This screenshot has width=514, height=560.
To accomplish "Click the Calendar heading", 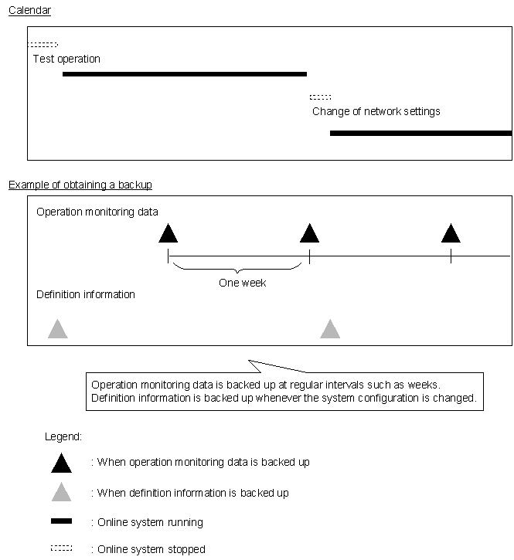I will [x=30, y=10].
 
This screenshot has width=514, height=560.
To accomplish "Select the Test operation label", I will [x=66, y=59].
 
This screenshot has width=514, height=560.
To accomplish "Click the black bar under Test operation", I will [x=184, y=74].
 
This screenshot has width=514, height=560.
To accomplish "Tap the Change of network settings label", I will [x=376, y=111].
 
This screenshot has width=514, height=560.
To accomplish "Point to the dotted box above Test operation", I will [x=43, y=45].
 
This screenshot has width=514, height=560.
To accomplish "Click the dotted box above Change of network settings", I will [x=320, y=97].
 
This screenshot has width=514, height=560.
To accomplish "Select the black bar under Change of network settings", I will [x=420, y=133].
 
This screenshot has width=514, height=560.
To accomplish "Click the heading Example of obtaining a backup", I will [x=80, y=185].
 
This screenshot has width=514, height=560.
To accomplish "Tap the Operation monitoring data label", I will [x=97, y=212].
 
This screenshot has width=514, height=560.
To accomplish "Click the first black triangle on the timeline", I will [x=168, y=233].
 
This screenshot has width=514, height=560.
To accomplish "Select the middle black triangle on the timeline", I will [x=309, y=233].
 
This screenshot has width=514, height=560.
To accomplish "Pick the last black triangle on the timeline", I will [x=451, y=233].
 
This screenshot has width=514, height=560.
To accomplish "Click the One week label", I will [x=242, y=283].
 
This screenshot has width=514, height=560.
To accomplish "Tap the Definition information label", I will [x=86, y=294].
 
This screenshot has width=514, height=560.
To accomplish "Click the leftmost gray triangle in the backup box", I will [x=57, y=330].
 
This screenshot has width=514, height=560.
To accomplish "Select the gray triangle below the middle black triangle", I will [x=330, y=330].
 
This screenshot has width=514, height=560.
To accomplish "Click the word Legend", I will [x=63, y=437].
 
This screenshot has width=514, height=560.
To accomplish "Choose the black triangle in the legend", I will [x=61, y=463].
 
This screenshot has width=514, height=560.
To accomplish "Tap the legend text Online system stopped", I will [x=151, y=549].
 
